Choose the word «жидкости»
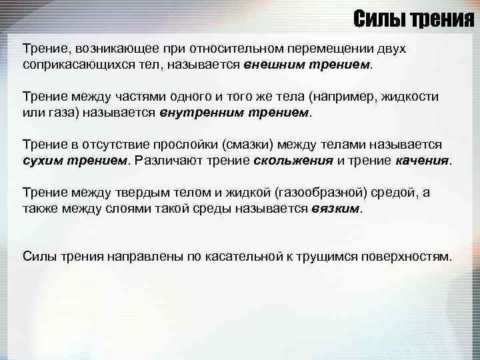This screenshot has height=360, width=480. point(409,97)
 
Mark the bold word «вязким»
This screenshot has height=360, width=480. point(335,209)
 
